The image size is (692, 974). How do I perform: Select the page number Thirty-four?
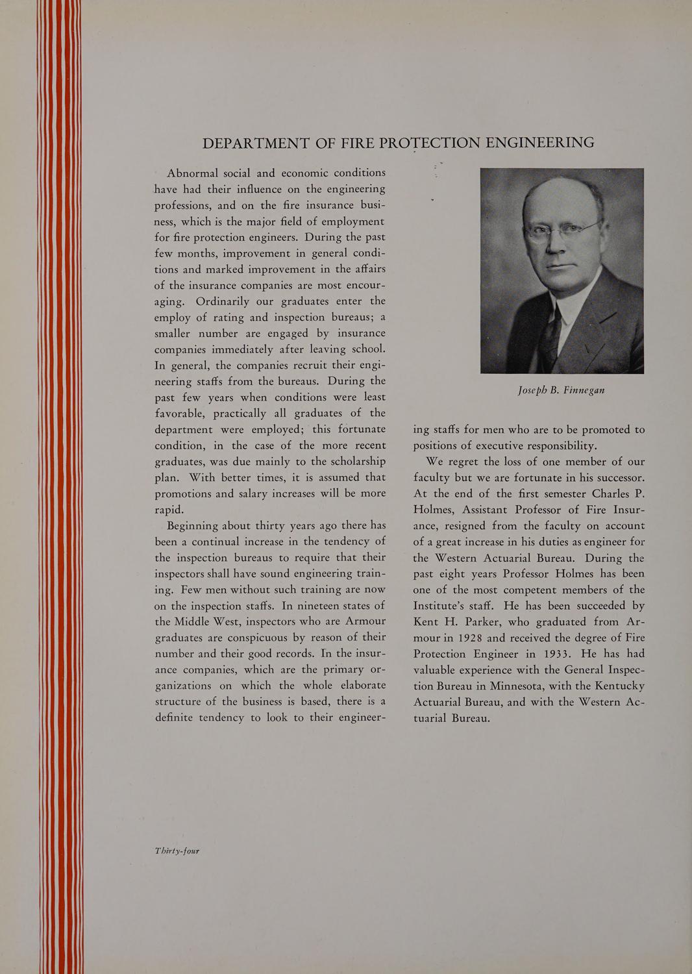click(177, 851)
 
